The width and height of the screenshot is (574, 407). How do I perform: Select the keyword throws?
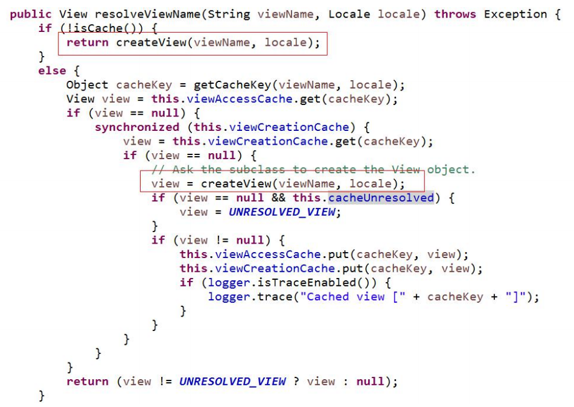(455, 14)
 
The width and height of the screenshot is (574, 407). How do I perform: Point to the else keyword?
(52, 71)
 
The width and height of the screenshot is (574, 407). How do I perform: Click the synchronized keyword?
(137, 127)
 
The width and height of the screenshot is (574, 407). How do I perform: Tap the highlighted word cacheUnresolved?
(381, 198)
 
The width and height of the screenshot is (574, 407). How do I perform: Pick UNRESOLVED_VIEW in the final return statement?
(232, 382)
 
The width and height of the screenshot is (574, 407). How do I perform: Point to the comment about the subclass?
(314, 169)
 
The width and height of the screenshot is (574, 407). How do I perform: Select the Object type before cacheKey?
(88, 85)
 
